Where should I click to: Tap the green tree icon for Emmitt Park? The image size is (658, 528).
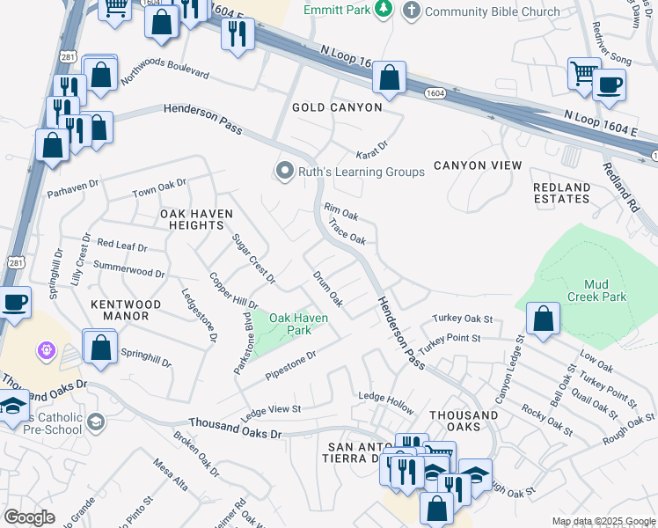coord(383,10)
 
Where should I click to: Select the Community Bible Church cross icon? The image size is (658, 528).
coord(411,11)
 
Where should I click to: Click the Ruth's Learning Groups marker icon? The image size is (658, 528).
coord(284,171)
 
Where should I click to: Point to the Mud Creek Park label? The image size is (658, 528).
coord(606,290)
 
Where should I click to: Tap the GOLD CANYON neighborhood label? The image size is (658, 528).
coord(338,107)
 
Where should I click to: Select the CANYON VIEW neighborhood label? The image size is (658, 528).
coord(478,165)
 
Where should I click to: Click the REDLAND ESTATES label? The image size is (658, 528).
coord(562,194)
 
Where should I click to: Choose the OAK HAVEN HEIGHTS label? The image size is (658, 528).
coord(192,219)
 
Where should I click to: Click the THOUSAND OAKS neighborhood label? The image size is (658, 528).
coord(464,421)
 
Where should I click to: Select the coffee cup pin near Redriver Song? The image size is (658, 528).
coord(609,84)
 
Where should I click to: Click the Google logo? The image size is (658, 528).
coord(30,517)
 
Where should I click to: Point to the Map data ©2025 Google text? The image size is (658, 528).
coord(603,521)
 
